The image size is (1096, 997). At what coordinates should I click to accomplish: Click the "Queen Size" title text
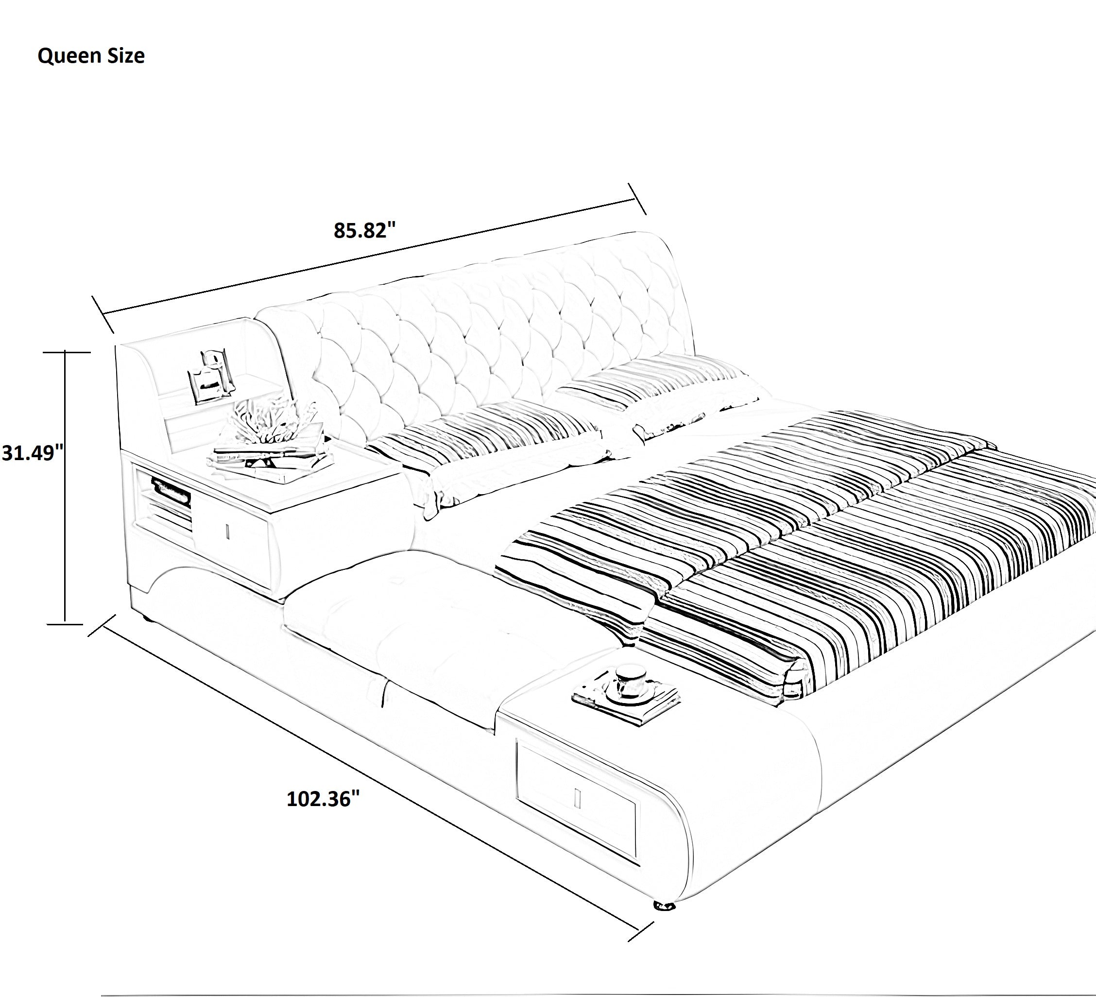pyautogui.click(x=91, y=56)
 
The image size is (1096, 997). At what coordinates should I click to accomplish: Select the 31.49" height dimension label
pyautogui.click(x=33, y=452)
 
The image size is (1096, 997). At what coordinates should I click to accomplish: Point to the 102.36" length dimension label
pyautogui.click(x=323, y=799)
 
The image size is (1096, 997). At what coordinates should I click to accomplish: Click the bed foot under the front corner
pyautogui.click(x=664, y=906)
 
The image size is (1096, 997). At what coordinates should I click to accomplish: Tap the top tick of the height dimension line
pyautogui.click(x=66, y=352)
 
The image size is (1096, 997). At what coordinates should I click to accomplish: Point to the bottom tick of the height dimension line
pyautogui.click(x=66, y=624)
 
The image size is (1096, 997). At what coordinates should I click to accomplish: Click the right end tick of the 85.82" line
pyautogui.click(x=636, y=200)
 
